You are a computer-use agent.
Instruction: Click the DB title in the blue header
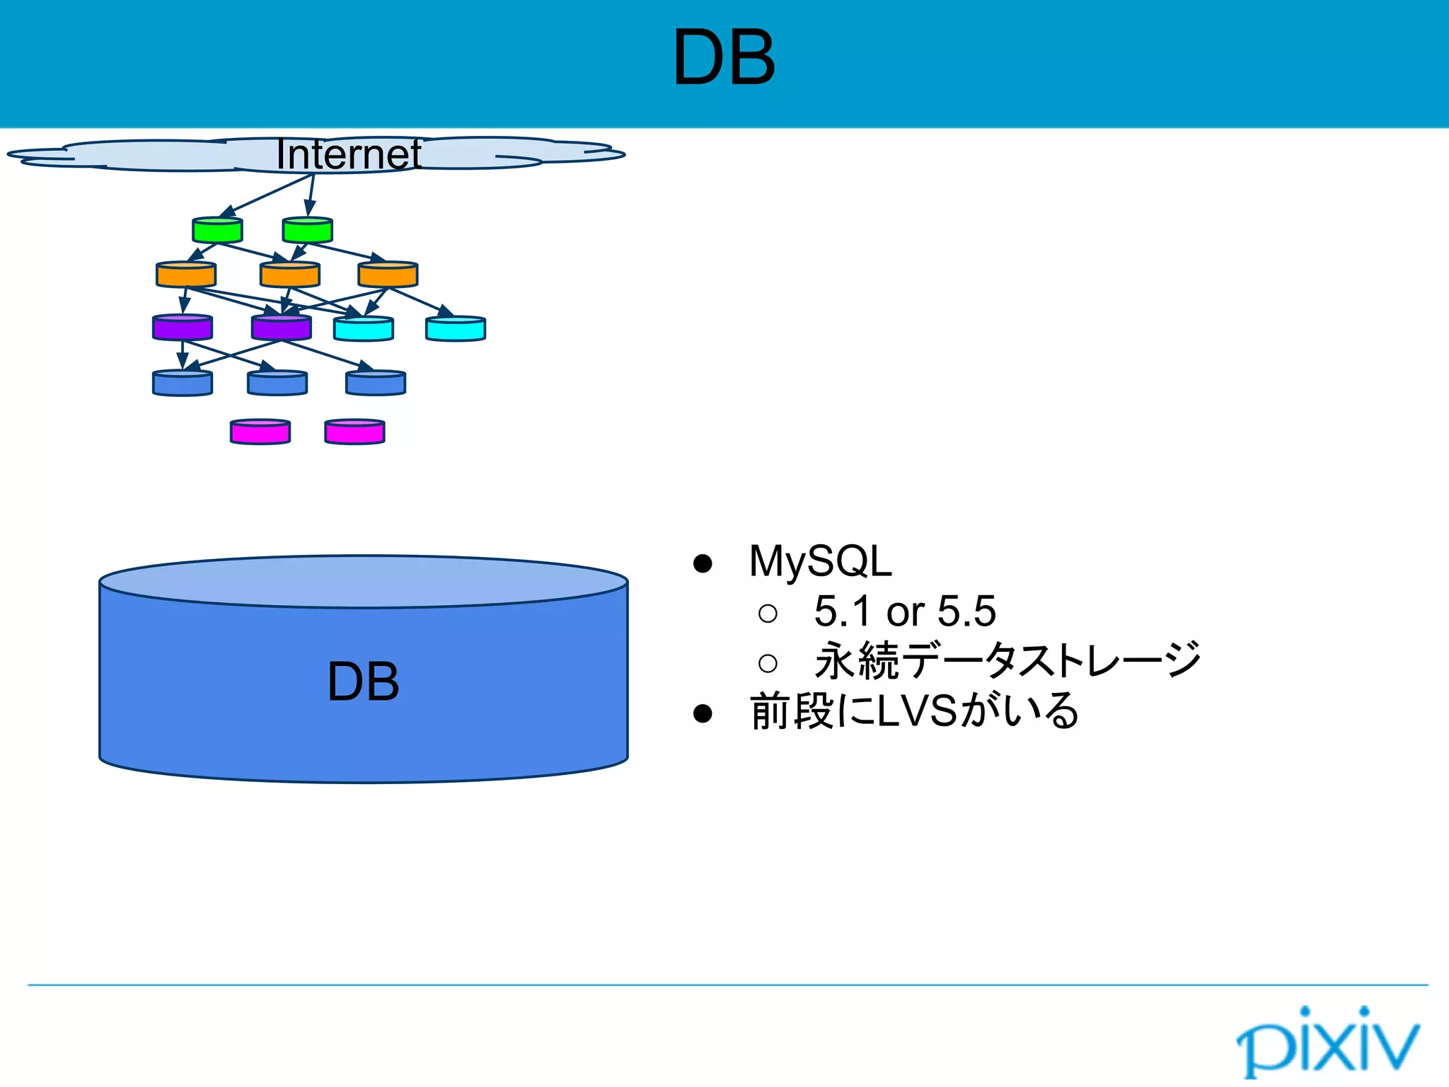[724, 58]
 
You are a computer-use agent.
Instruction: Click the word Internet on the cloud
[348, 154]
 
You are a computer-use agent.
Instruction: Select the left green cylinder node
[217, 230]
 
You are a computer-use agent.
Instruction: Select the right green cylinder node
[307, 230]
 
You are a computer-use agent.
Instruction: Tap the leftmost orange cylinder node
[186, 275]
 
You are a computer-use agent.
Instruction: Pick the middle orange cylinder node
[290, 275]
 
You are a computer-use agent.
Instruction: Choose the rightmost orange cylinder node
[388, 275]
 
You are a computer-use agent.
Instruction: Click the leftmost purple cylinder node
[183, 328]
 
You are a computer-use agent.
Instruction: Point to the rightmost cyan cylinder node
[456, 329]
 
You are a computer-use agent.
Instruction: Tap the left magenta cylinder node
[260, 432]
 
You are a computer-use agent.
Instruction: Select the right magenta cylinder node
[354, 432]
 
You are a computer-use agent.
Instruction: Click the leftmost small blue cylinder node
[183, 383]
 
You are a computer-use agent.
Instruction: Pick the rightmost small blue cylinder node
[376, 383]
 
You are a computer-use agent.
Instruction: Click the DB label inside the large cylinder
[363, 682]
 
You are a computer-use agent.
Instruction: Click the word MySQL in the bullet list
[820, 561]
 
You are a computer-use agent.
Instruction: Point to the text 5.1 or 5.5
[904, 611]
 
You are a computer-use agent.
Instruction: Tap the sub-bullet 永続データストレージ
[1008, 660]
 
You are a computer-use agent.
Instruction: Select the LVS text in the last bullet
[917, 711]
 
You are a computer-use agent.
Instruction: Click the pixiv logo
[1327, 1040]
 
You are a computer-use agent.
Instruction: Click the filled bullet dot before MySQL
[703, 563]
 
